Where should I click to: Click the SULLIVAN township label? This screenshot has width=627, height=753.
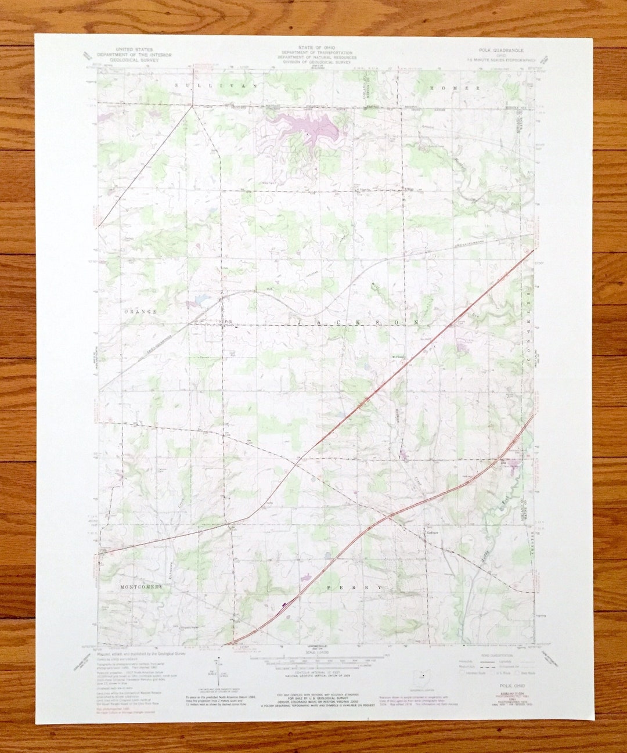click(x=215, y=85)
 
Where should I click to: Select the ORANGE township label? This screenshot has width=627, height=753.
click(x=140, y=312)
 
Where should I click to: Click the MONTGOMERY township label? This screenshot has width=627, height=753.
click(x=141, y=587)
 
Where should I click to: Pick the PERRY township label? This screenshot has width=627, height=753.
click(x=355, y=588)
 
